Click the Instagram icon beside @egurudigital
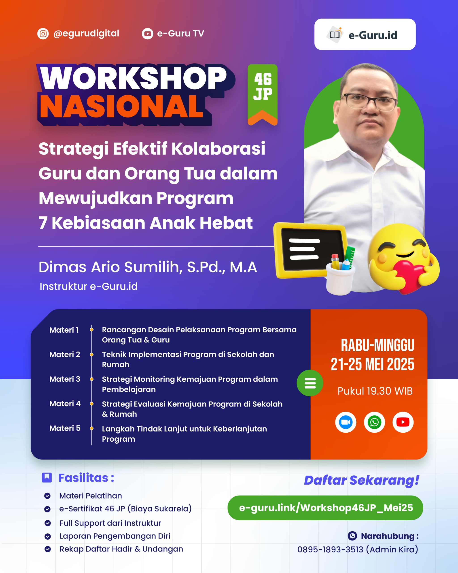43,34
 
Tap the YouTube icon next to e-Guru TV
147,34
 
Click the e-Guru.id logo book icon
335,34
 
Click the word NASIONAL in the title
122,107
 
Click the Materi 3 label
65,379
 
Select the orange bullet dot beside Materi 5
92,428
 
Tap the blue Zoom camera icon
346,422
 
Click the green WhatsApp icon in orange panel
374,422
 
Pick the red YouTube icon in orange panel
403,422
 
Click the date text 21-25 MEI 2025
372,364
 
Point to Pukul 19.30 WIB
375,391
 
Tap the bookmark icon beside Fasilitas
47,478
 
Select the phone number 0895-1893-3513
330,549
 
